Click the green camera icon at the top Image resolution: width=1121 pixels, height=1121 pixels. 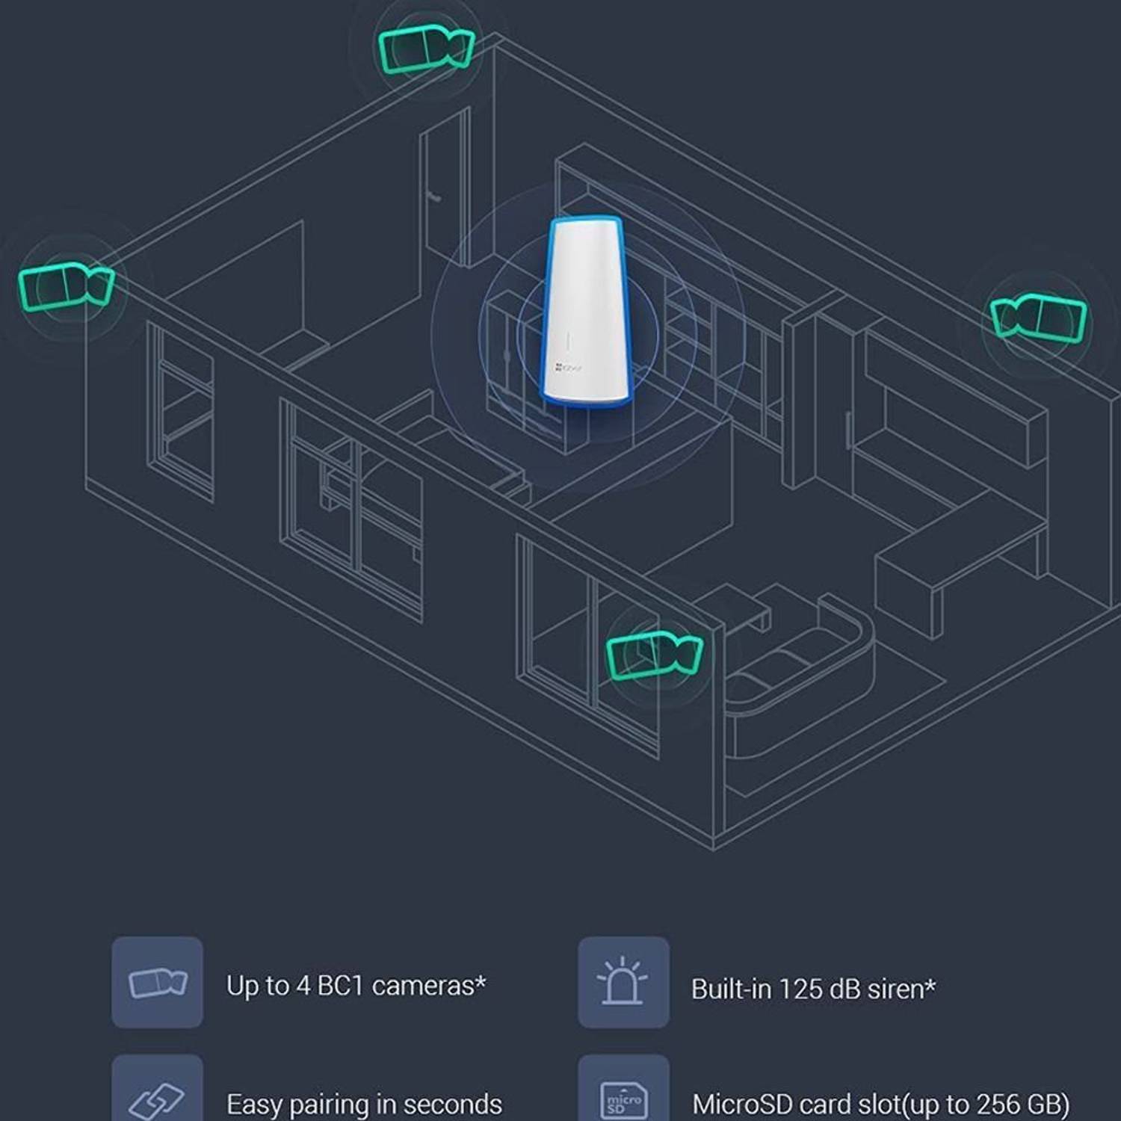click(x=425, y=49)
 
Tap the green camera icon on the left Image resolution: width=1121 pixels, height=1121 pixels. click(x=66, y=285)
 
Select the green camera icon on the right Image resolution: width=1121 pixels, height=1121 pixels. click(x=1039, y=316)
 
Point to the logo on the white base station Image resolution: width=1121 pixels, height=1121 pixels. click(x=569, y=368)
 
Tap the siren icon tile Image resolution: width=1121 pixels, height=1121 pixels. click(x=623, y=982)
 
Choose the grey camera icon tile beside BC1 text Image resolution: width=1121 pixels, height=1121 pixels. click(x=157, y=982)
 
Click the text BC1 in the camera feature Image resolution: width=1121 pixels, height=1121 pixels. click(x=340, y=986)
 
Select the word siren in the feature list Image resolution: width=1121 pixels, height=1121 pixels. click(x=897, y=989)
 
